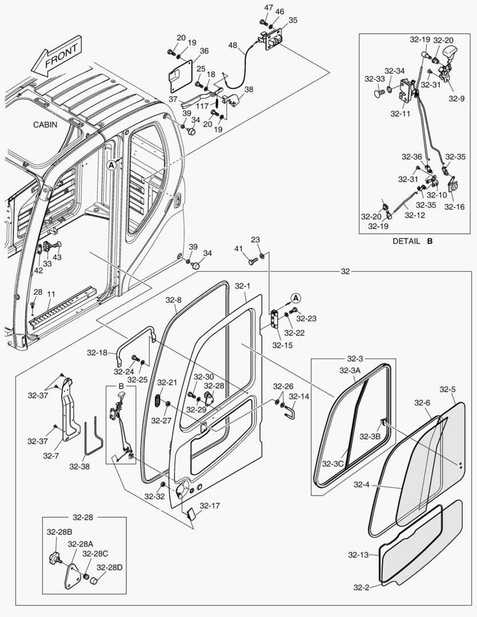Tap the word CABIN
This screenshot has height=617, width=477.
tap(45, 125)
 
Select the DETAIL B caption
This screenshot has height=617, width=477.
tap(412, 241)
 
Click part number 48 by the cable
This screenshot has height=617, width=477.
tap(233, 45)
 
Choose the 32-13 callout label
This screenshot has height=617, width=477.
tap(359, 554)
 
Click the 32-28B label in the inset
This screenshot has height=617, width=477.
tap(59, 532)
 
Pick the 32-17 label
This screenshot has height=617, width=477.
tap(210, 506)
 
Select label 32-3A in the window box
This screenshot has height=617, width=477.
tap(350, 370)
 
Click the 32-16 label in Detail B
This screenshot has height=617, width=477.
tap(455, 207)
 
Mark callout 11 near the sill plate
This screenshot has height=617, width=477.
tap(51, 294)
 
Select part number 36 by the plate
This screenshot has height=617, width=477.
tap(204, 50)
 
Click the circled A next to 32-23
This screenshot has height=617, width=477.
tap(295, 298)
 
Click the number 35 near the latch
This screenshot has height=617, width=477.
tap(292, 19)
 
